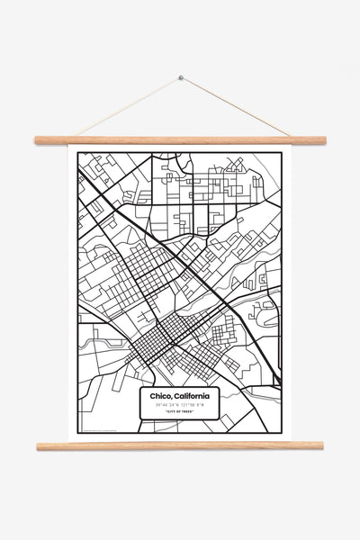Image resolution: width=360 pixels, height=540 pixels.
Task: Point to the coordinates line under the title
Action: [x=180, y=406]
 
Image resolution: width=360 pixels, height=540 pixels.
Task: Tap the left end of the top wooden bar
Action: [x=37, y=140]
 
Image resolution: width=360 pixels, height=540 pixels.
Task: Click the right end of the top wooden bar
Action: [x=323, y=140]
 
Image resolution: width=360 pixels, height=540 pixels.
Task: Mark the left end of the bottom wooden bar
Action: [x=39, y=445]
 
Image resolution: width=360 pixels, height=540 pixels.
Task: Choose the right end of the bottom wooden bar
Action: [x=321, y=445]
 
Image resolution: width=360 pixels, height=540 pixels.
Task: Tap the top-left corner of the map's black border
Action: [x=78, y=153]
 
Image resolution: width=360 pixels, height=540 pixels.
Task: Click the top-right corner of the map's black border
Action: [x=282, y=153]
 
